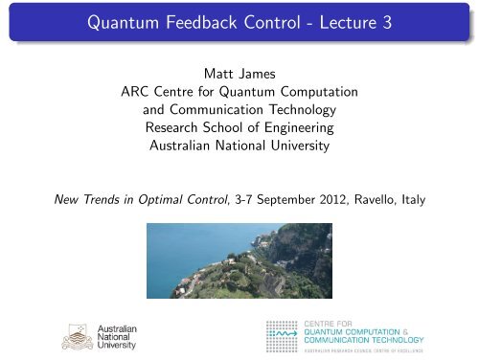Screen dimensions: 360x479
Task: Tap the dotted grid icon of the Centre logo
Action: coord(283,331)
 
